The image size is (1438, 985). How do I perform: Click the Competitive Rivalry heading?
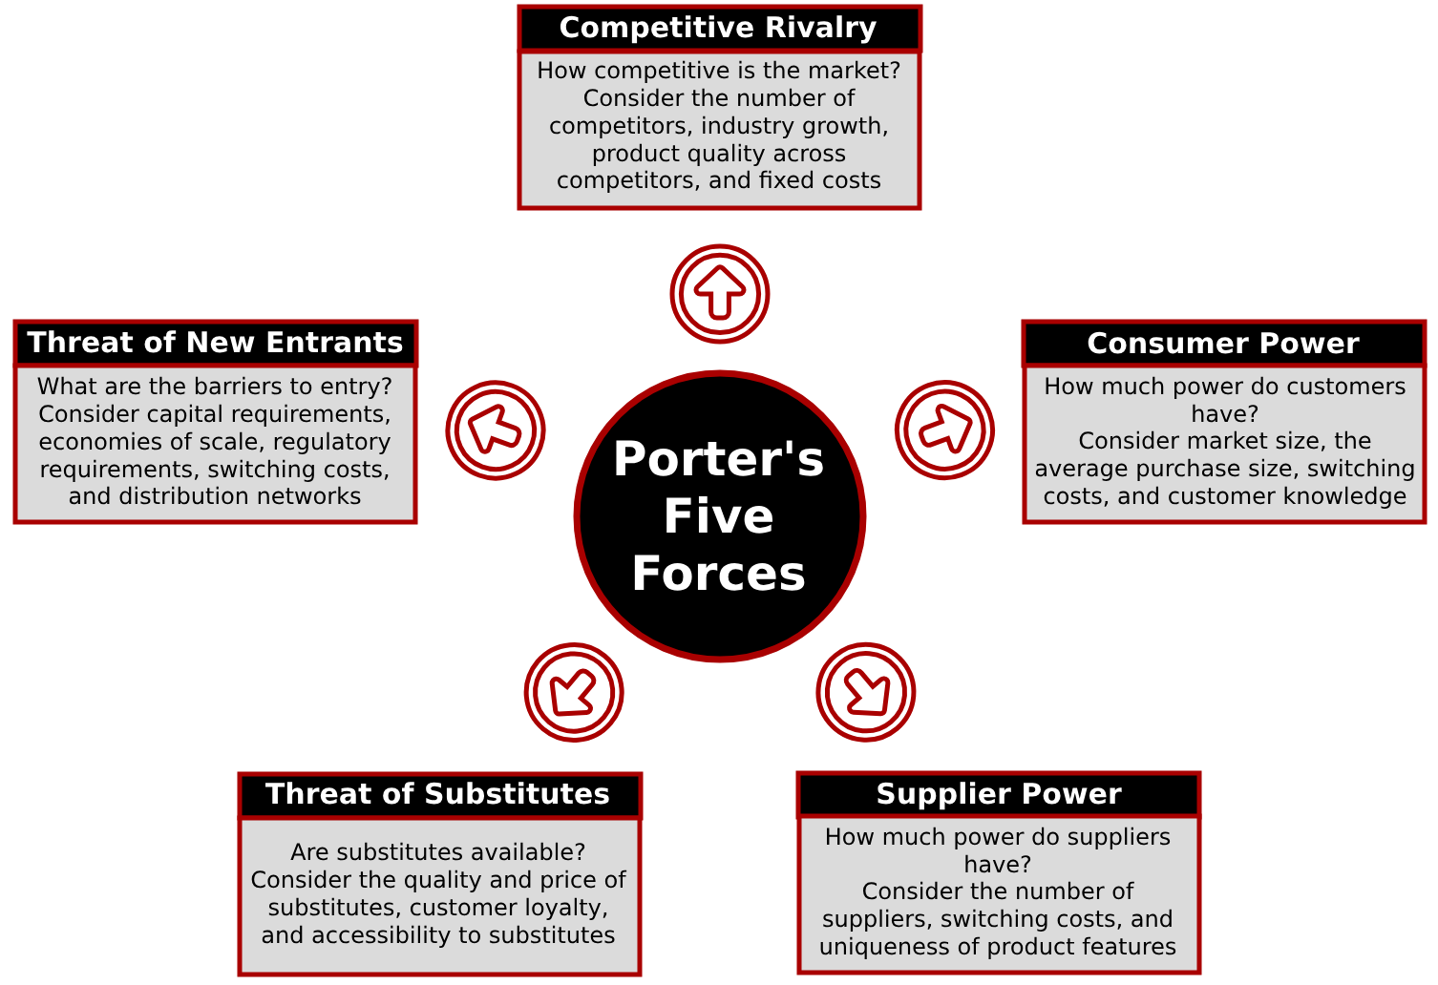pos(718,28)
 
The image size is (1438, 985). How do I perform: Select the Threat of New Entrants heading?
pos(215,343)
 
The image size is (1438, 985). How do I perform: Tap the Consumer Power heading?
pos(1223,344)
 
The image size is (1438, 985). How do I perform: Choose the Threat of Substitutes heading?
pos(438,794)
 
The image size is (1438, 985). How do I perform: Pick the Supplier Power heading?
pos(999,794)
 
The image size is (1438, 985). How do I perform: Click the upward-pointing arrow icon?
pos(720,293)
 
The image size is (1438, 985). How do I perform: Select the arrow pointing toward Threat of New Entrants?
pos(496,430)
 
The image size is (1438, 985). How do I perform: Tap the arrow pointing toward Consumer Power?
pos(945,430)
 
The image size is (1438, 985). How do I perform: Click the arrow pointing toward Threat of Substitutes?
pos(574,692)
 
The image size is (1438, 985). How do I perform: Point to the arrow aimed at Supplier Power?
pos(866,692)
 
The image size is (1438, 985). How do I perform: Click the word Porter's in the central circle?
pos(719,459)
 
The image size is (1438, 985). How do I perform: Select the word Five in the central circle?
pos(719,516)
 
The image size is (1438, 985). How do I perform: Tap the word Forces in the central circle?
pos(719,574)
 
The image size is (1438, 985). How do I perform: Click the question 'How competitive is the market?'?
pos(719,71)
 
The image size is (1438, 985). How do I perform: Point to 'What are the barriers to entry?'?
pos(215,387)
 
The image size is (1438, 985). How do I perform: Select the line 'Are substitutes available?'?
pos(438,851)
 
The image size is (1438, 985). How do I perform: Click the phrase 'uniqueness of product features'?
pos(998,947)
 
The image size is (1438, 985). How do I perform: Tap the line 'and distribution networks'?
pos(215,496)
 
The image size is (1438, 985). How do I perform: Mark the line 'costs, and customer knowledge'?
pos(1225,496)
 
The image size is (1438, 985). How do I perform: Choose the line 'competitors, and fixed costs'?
pos(719,180)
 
